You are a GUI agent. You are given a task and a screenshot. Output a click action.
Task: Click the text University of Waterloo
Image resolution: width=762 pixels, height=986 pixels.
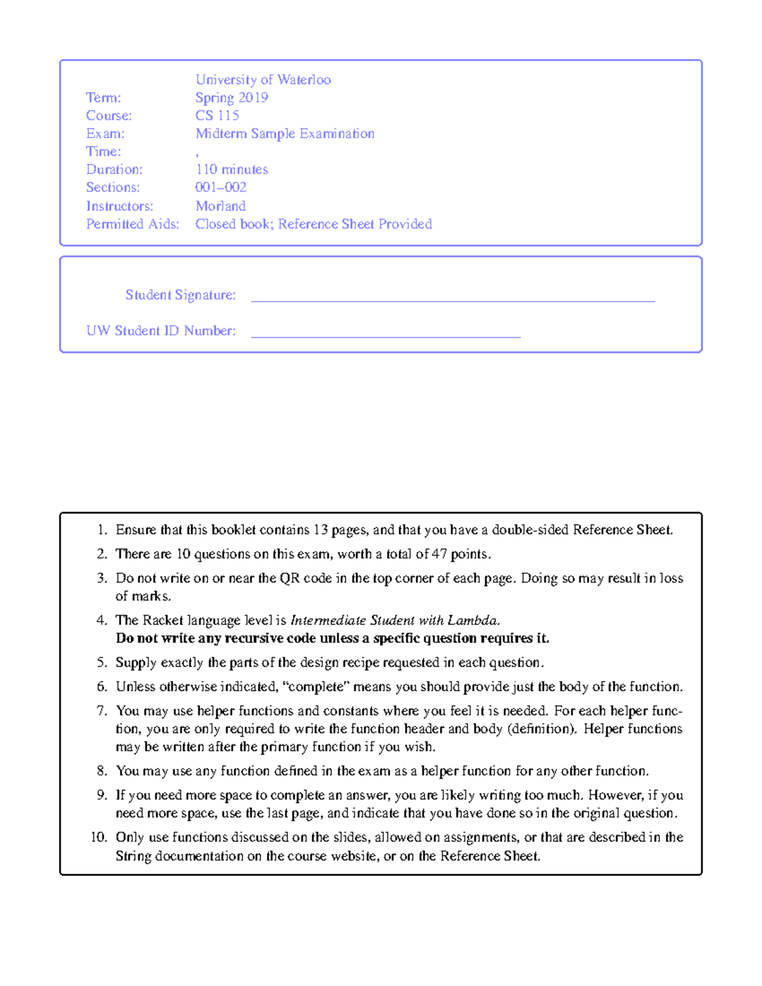(263, 80)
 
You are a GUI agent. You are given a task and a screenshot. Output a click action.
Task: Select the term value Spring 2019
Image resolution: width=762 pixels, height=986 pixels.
(232, 98)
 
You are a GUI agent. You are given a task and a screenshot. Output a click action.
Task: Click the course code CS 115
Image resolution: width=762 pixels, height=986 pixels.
(217, 116)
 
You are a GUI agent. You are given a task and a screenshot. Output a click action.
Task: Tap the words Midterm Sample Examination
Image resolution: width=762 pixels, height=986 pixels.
(285, 134)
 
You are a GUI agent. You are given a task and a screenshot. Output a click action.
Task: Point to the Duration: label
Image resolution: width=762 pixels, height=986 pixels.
(114, 170)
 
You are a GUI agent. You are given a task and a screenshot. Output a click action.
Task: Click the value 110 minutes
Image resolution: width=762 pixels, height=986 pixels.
(232, 170)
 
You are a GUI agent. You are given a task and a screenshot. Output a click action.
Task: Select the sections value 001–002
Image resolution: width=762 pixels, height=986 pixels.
(221, 187)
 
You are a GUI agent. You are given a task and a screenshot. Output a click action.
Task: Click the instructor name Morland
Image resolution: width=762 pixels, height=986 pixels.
(220, 206)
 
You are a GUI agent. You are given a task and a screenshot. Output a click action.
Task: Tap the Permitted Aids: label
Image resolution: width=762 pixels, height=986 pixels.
(133, 224)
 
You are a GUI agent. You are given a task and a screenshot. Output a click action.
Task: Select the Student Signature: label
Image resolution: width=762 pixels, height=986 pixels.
(180, 295)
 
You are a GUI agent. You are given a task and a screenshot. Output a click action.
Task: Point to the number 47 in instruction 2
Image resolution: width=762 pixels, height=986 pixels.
(439, 554)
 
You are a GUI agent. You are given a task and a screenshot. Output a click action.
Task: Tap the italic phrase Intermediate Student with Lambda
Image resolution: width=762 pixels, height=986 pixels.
(395, 620)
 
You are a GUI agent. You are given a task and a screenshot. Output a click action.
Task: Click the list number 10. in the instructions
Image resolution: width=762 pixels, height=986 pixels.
(99, 837)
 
